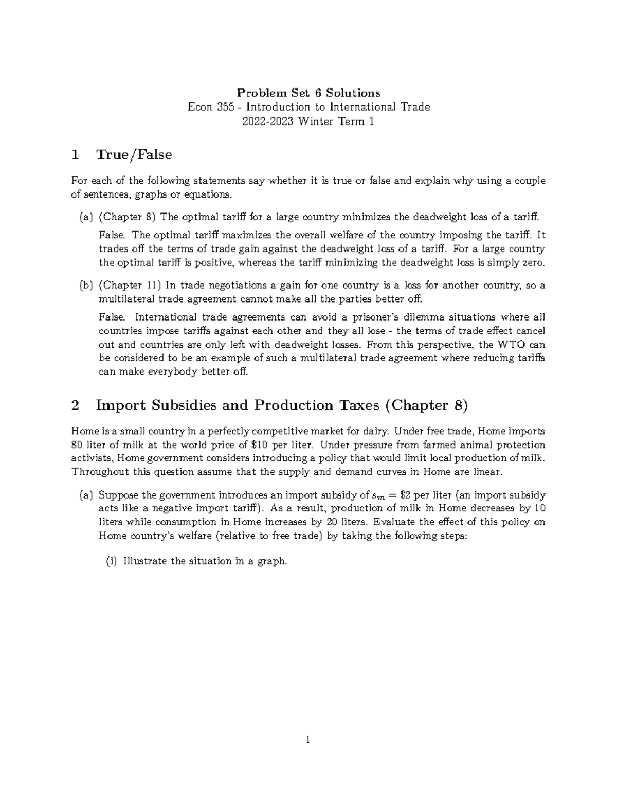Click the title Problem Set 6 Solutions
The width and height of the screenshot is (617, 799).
coord(308,93)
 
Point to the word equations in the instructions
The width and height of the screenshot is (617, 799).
coord(206,194)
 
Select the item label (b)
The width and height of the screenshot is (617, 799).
coord(85,285)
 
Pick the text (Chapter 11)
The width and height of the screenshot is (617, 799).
coord(130,285)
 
